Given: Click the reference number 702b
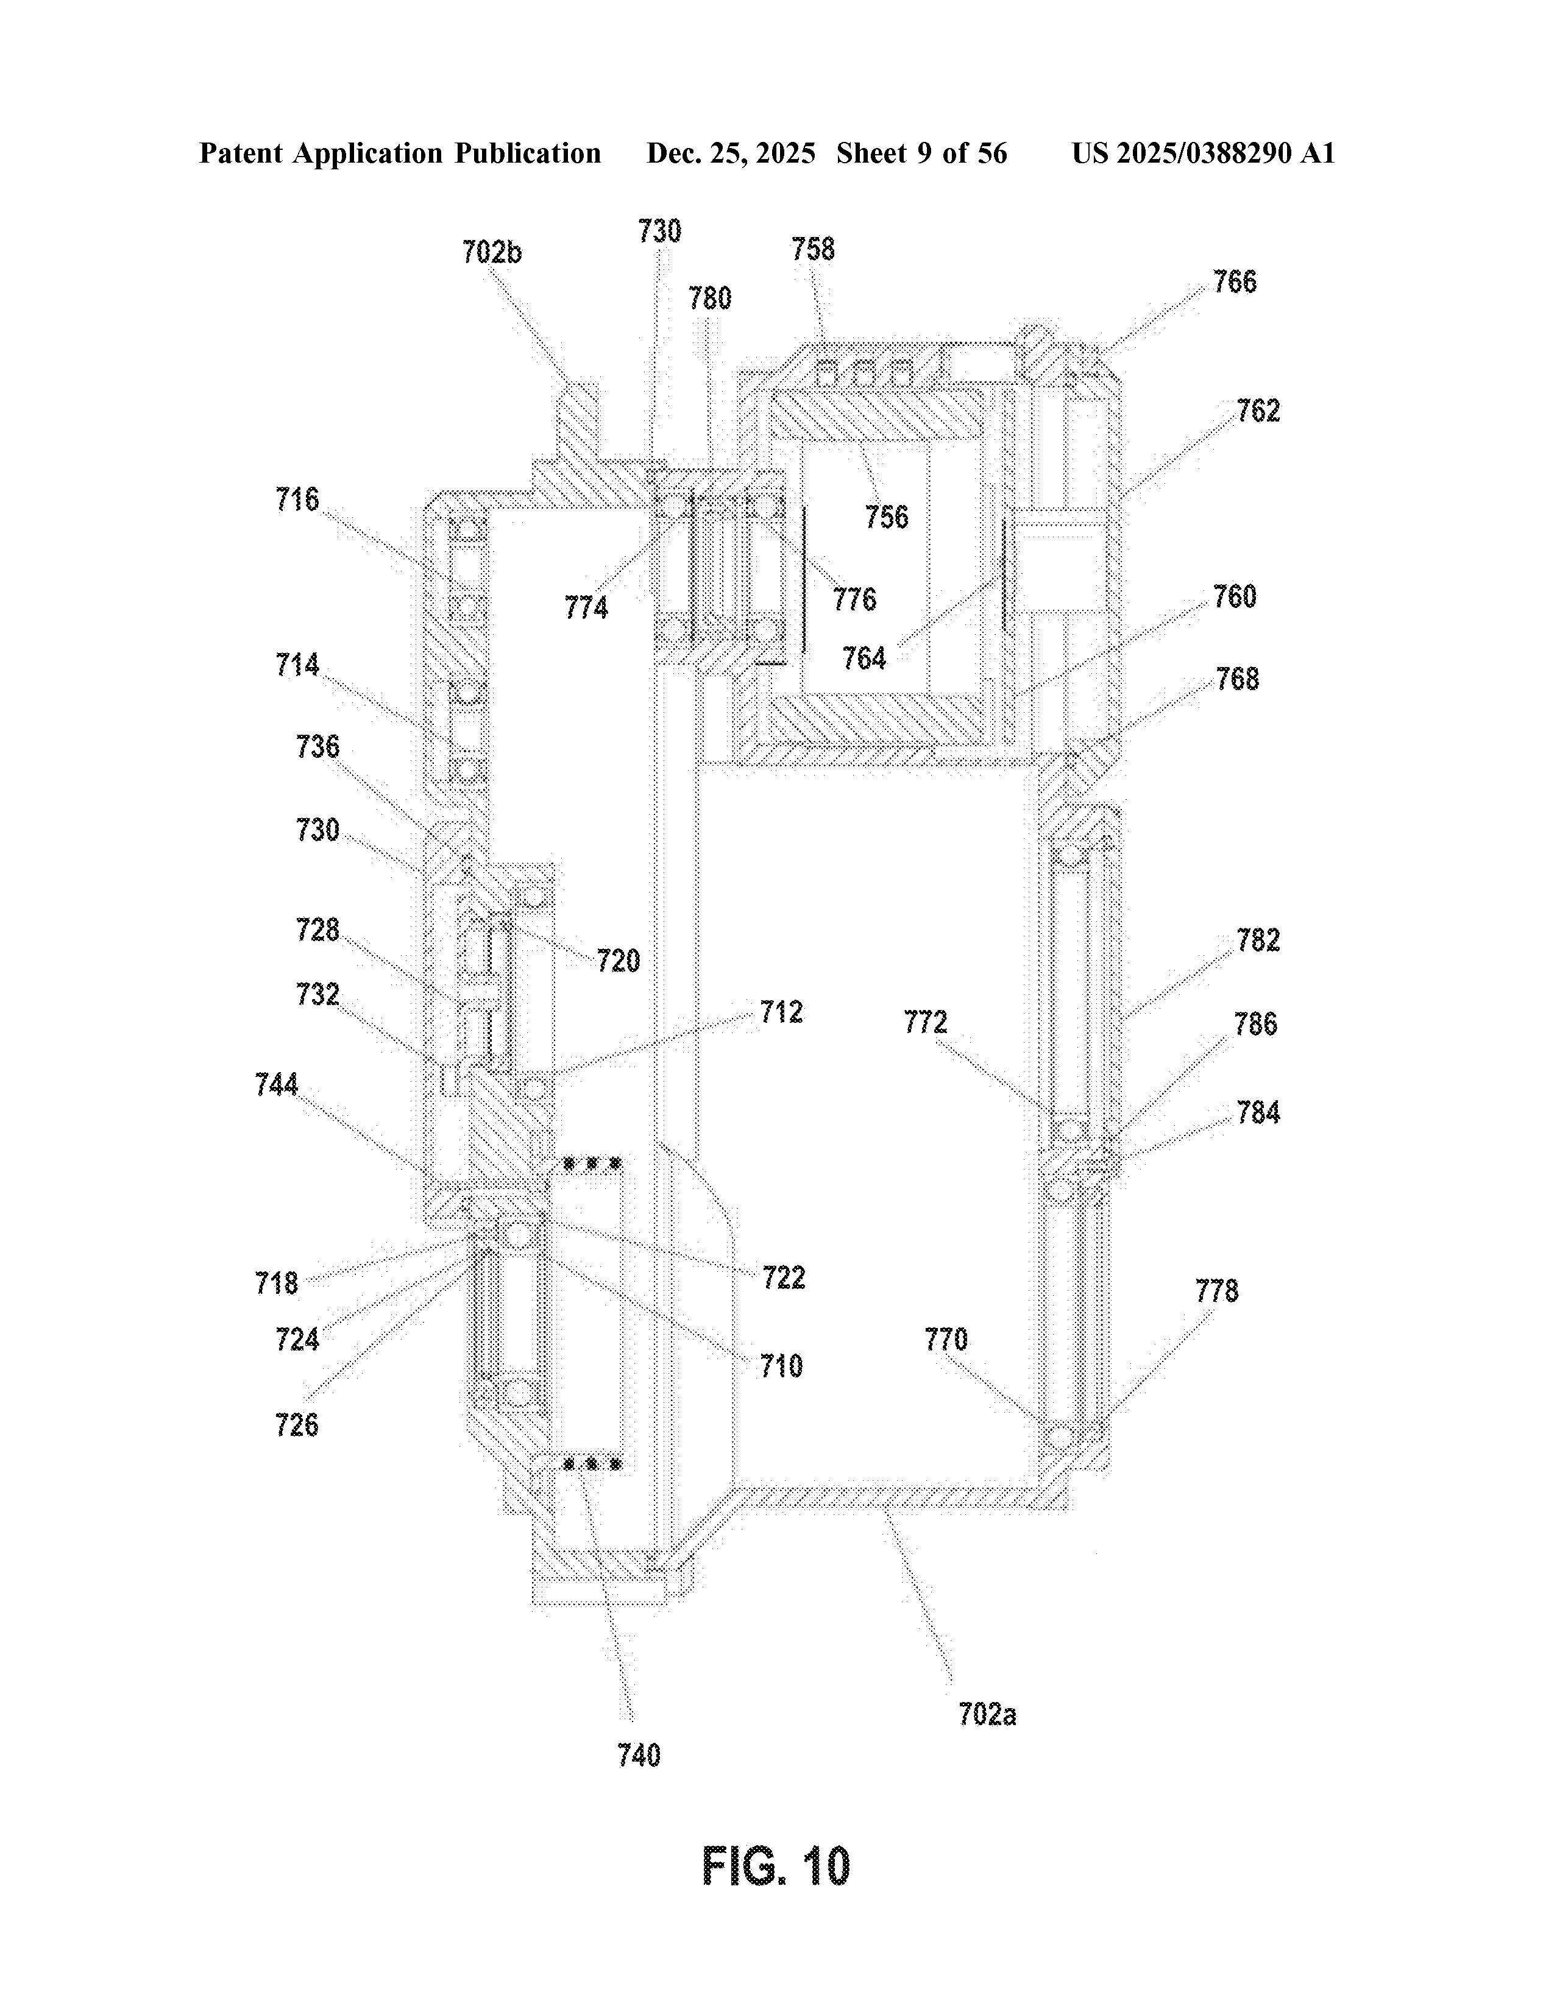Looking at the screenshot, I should pyautogui.click(x=491, y=252).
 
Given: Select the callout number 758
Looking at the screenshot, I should pyautogui.click(x=813, y=249).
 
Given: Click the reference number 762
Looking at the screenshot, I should pyautogui.click(x=1258, y=411).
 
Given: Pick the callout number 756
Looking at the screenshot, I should pyautogui.click(x=887, y=517).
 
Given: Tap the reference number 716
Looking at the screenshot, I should pyautogui.click(x=297, y=500).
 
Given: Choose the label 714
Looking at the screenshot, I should pyautogui.click(x=297, y=665).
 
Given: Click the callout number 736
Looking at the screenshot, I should pyautogui.click(x=317, y=747).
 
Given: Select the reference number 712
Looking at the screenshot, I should pyautogui.click(x=781, y=1012).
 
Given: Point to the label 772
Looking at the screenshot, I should pyautogui.click(x=925, y=1022).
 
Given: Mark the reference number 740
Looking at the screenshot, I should pyautogui.click(x=639, y=1755).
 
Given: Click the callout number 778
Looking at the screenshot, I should pyautogui.click(x=1216, y=1291).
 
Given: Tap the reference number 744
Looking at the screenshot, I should pyautogui.click(x=277, y=1085).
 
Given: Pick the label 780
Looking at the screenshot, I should pyautogui.click(x=710, y=298).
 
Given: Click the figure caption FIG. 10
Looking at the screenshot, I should pyautogui.click(x=776, y=1866).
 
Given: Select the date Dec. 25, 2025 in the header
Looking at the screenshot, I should pyautogui.click(x=730, y=154).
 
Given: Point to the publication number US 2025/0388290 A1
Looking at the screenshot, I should pyautogui.click(x=1202, y=154).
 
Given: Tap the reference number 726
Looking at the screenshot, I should pyautogui.click(x=297, y=1425).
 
